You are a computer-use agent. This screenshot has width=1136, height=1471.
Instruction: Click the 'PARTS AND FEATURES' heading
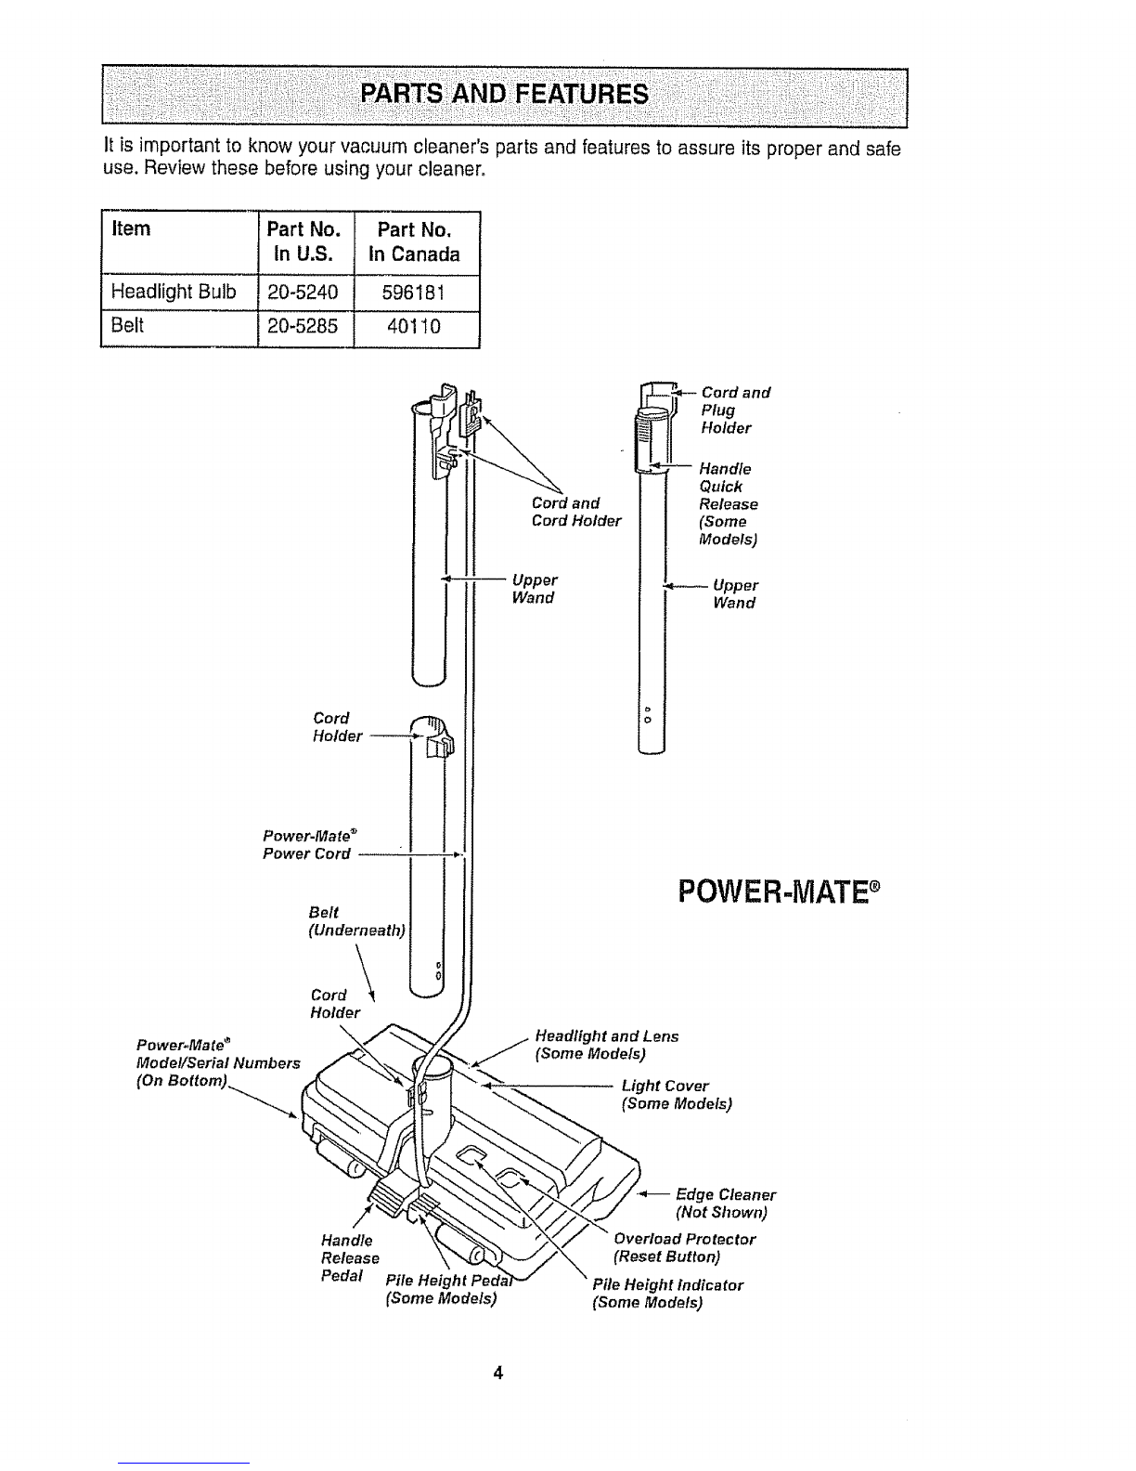[504, 94]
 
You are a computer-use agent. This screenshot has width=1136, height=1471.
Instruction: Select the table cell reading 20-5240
[303, 293]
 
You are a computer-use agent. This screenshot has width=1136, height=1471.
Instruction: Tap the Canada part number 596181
[413, 293]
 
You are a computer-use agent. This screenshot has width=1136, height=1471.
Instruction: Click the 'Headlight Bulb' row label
[174, 292]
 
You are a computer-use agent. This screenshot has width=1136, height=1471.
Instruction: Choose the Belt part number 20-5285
[303, 327]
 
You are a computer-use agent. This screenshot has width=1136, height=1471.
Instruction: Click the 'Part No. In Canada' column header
[414, 241]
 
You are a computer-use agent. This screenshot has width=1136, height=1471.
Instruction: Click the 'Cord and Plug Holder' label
[735, 410]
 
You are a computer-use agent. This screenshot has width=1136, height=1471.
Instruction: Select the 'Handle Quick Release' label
[728, 503]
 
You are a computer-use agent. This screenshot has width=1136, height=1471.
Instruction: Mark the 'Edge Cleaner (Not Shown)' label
[725, 1203]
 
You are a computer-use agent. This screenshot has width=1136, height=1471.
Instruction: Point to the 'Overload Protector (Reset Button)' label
[684, 1247]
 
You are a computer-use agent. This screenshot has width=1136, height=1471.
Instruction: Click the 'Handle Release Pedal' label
[350, 1257]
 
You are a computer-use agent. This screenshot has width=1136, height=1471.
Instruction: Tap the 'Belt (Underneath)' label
[356, 921]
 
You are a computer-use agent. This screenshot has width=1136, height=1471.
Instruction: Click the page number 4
[498, 1373]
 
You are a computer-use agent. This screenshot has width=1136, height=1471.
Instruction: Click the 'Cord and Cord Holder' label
[575, 512]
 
